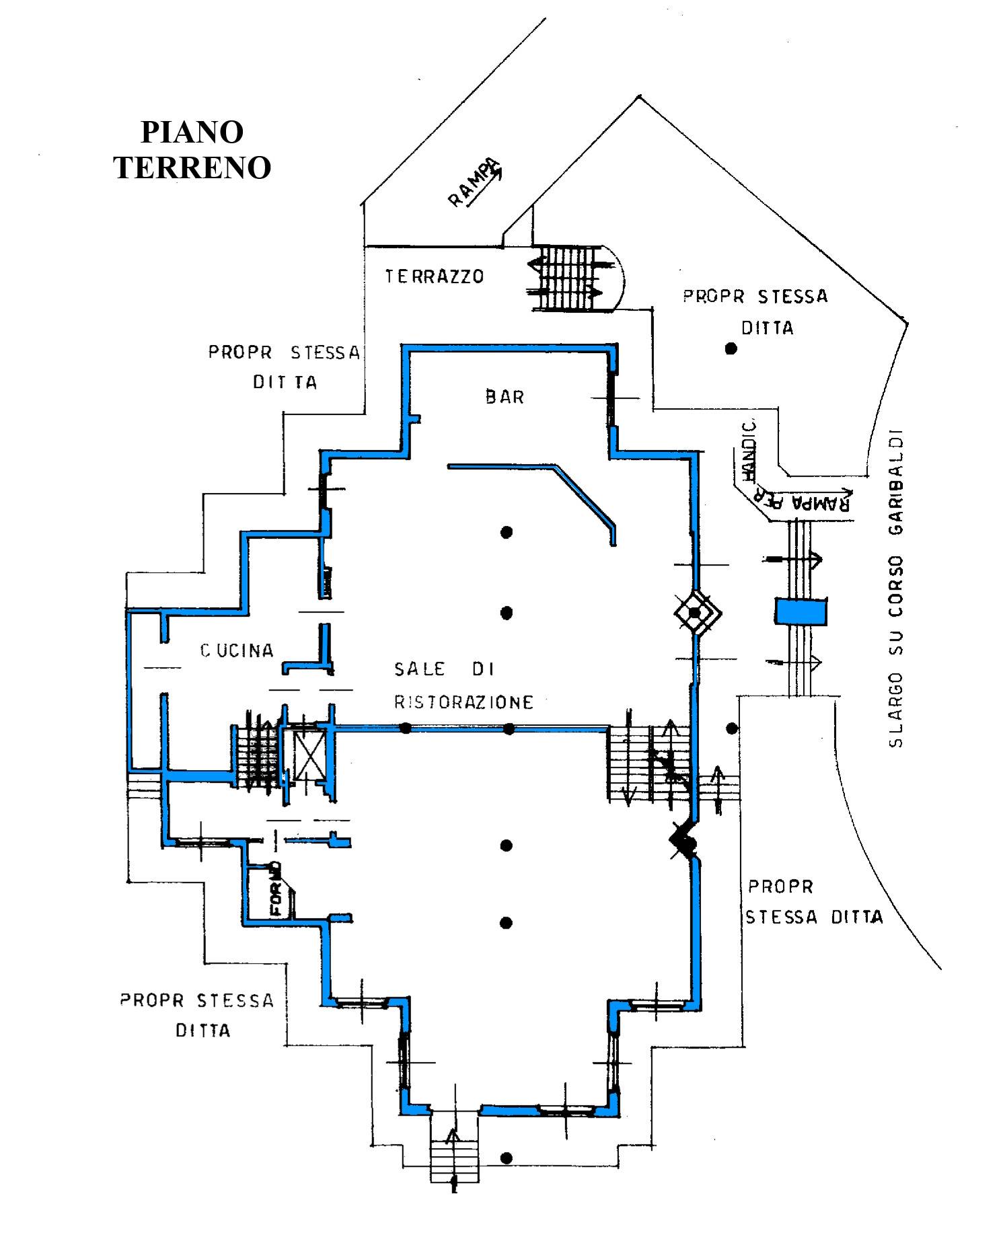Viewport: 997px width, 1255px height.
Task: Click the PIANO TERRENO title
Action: [x=192, y=150]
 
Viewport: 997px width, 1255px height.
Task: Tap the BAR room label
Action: [x=505, y=397]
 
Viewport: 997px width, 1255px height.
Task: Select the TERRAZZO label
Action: [x=435, y=276]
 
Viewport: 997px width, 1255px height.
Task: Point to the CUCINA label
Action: [x=237, y=650]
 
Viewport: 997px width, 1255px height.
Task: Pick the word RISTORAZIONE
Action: [x=464, y=702]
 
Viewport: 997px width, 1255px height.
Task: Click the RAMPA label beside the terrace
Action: [x=474, y=182]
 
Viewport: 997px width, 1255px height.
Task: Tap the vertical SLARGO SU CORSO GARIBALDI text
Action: [x=895, y=588]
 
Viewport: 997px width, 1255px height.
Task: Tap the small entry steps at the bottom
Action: [x=454, y=1151]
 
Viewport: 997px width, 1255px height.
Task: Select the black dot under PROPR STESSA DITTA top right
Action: [x=731, y=348]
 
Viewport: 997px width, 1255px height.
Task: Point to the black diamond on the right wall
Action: [x=682, y=839]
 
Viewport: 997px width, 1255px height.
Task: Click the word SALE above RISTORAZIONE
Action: [x=419, y=669]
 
